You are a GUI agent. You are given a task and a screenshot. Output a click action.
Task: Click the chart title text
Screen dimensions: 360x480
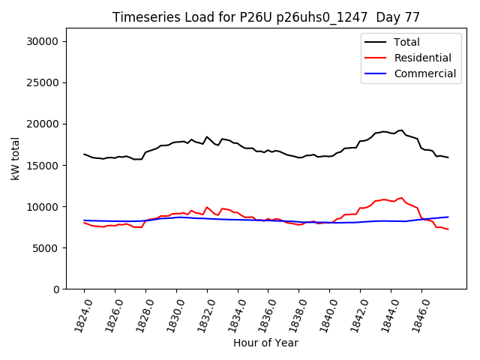(266, 17)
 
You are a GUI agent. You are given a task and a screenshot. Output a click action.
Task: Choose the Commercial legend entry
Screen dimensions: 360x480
(424, 73)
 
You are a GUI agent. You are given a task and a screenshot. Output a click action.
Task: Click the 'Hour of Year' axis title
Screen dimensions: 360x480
(265, 343)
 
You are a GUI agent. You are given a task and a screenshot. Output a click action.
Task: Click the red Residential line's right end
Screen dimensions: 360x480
(448, 229)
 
